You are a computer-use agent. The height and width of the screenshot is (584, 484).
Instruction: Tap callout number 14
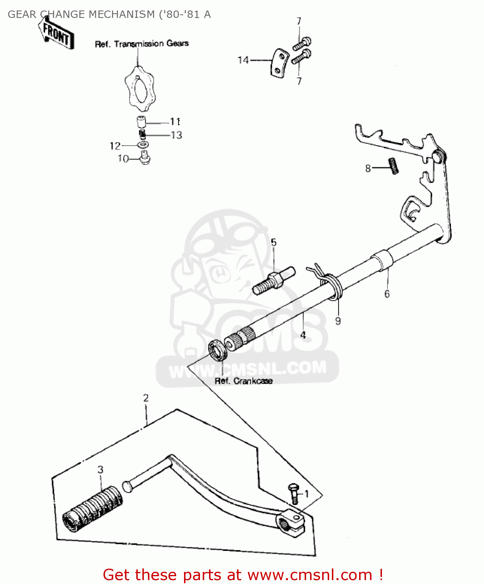pyautogui.click(x=243, y=60)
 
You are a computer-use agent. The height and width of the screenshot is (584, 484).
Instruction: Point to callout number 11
pyautogui.click(x=175, y=122)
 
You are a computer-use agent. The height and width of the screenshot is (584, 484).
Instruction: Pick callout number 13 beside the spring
pyautogui.click(x=176, y=135)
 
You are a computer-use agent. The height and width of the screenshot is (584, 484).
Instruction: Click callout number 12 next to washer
pyautogui.click(x=115, y=146)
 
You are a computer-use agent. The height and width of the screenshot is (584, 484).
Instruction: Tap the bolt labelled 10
pyautogui.click(x=146, y=158)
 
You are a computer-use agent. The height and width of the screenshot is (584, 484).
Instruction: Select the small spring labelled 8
pyautogui.click(x=394, y=165)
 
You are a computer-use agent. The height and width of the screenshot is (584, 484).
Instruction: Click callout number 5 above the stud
pyautogui.click(x=274, y=243)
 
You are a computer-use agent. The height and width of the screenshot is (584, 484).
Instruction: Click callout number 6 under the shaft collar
pyautogui.click(x=387, y=294)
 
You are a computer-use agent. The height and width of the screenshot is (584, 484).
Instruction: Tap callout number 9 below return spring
pyautogui.click(x=338, y=321)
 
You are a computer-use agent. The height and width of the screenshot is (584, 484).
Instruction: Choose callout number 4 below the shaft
pyautogui.click(x=303, y=335)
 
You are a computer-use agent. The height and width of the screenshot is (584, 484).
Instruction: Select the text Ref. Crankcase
pyautogui.click(x=244, y=381)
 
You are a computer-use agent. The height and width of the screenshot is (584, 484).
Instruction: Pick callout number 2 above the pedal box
pyautogui.click(x=146, y=398)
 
